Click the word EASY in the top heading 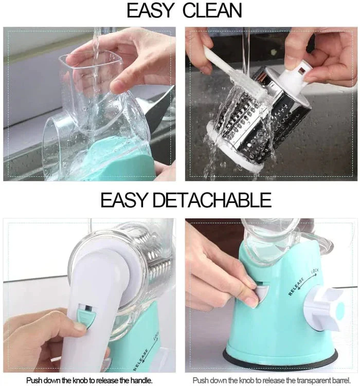(150, 11)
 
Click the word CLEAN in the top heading (212, 11)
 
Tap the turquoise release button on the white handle (86, 316)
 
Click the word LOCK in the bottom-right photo (315, 271)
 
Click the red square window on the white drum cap (301, 70)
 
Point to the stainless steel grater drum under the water (256, 118)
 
